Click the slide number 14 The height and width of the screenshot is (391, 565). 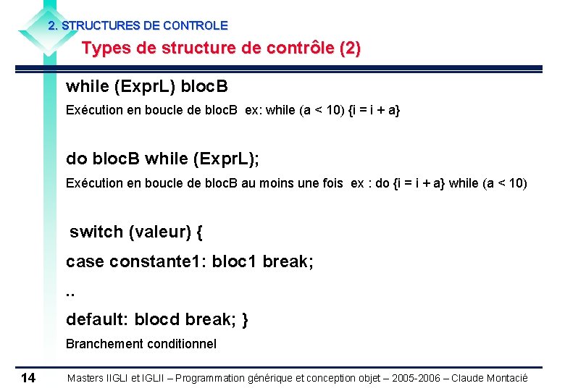tap(28, 377)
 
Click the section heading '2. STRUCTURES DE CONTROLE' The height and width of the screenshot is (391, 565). tap(138, 25)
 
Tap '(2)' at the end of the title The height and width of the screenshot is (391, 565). tap(349, 49)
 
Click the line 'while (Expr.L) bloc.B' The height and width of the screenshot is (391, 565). tap(146, 87)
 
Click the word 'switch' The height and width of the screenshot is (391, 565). tap(96, 232)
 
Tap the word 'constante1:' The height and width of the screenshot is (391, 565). tap(158, 261)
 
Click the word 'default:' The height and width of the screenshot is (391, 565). tap(96, 319)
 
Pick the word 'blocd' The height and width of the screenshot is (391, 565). tap(157, 319)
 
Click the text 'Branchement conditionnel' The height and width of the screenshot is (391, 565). tap(141, 344)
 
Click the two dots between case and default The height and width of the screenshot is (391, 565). tap(70, 293)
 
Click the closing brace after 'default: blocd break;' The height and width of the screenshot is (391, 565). tap(245, 319)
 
